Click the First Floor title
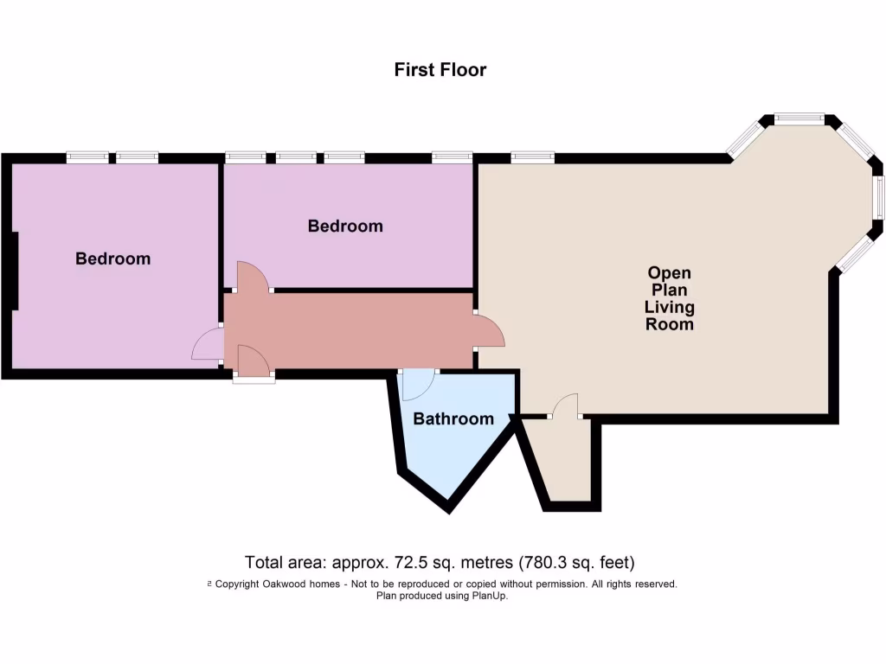[440, 70]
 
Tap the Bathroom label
[453, 419]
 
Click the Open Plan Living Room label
[670, 299]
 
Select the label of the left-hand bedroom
[112, 259]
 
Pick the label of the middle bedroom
[345, 227]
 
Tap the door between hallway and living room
[489, 332]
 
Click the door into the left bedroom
[208, 345]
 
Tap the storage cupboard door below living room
[564, 406]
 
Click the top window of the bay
[799, 118]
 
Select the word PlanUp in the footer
[488, 596]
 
